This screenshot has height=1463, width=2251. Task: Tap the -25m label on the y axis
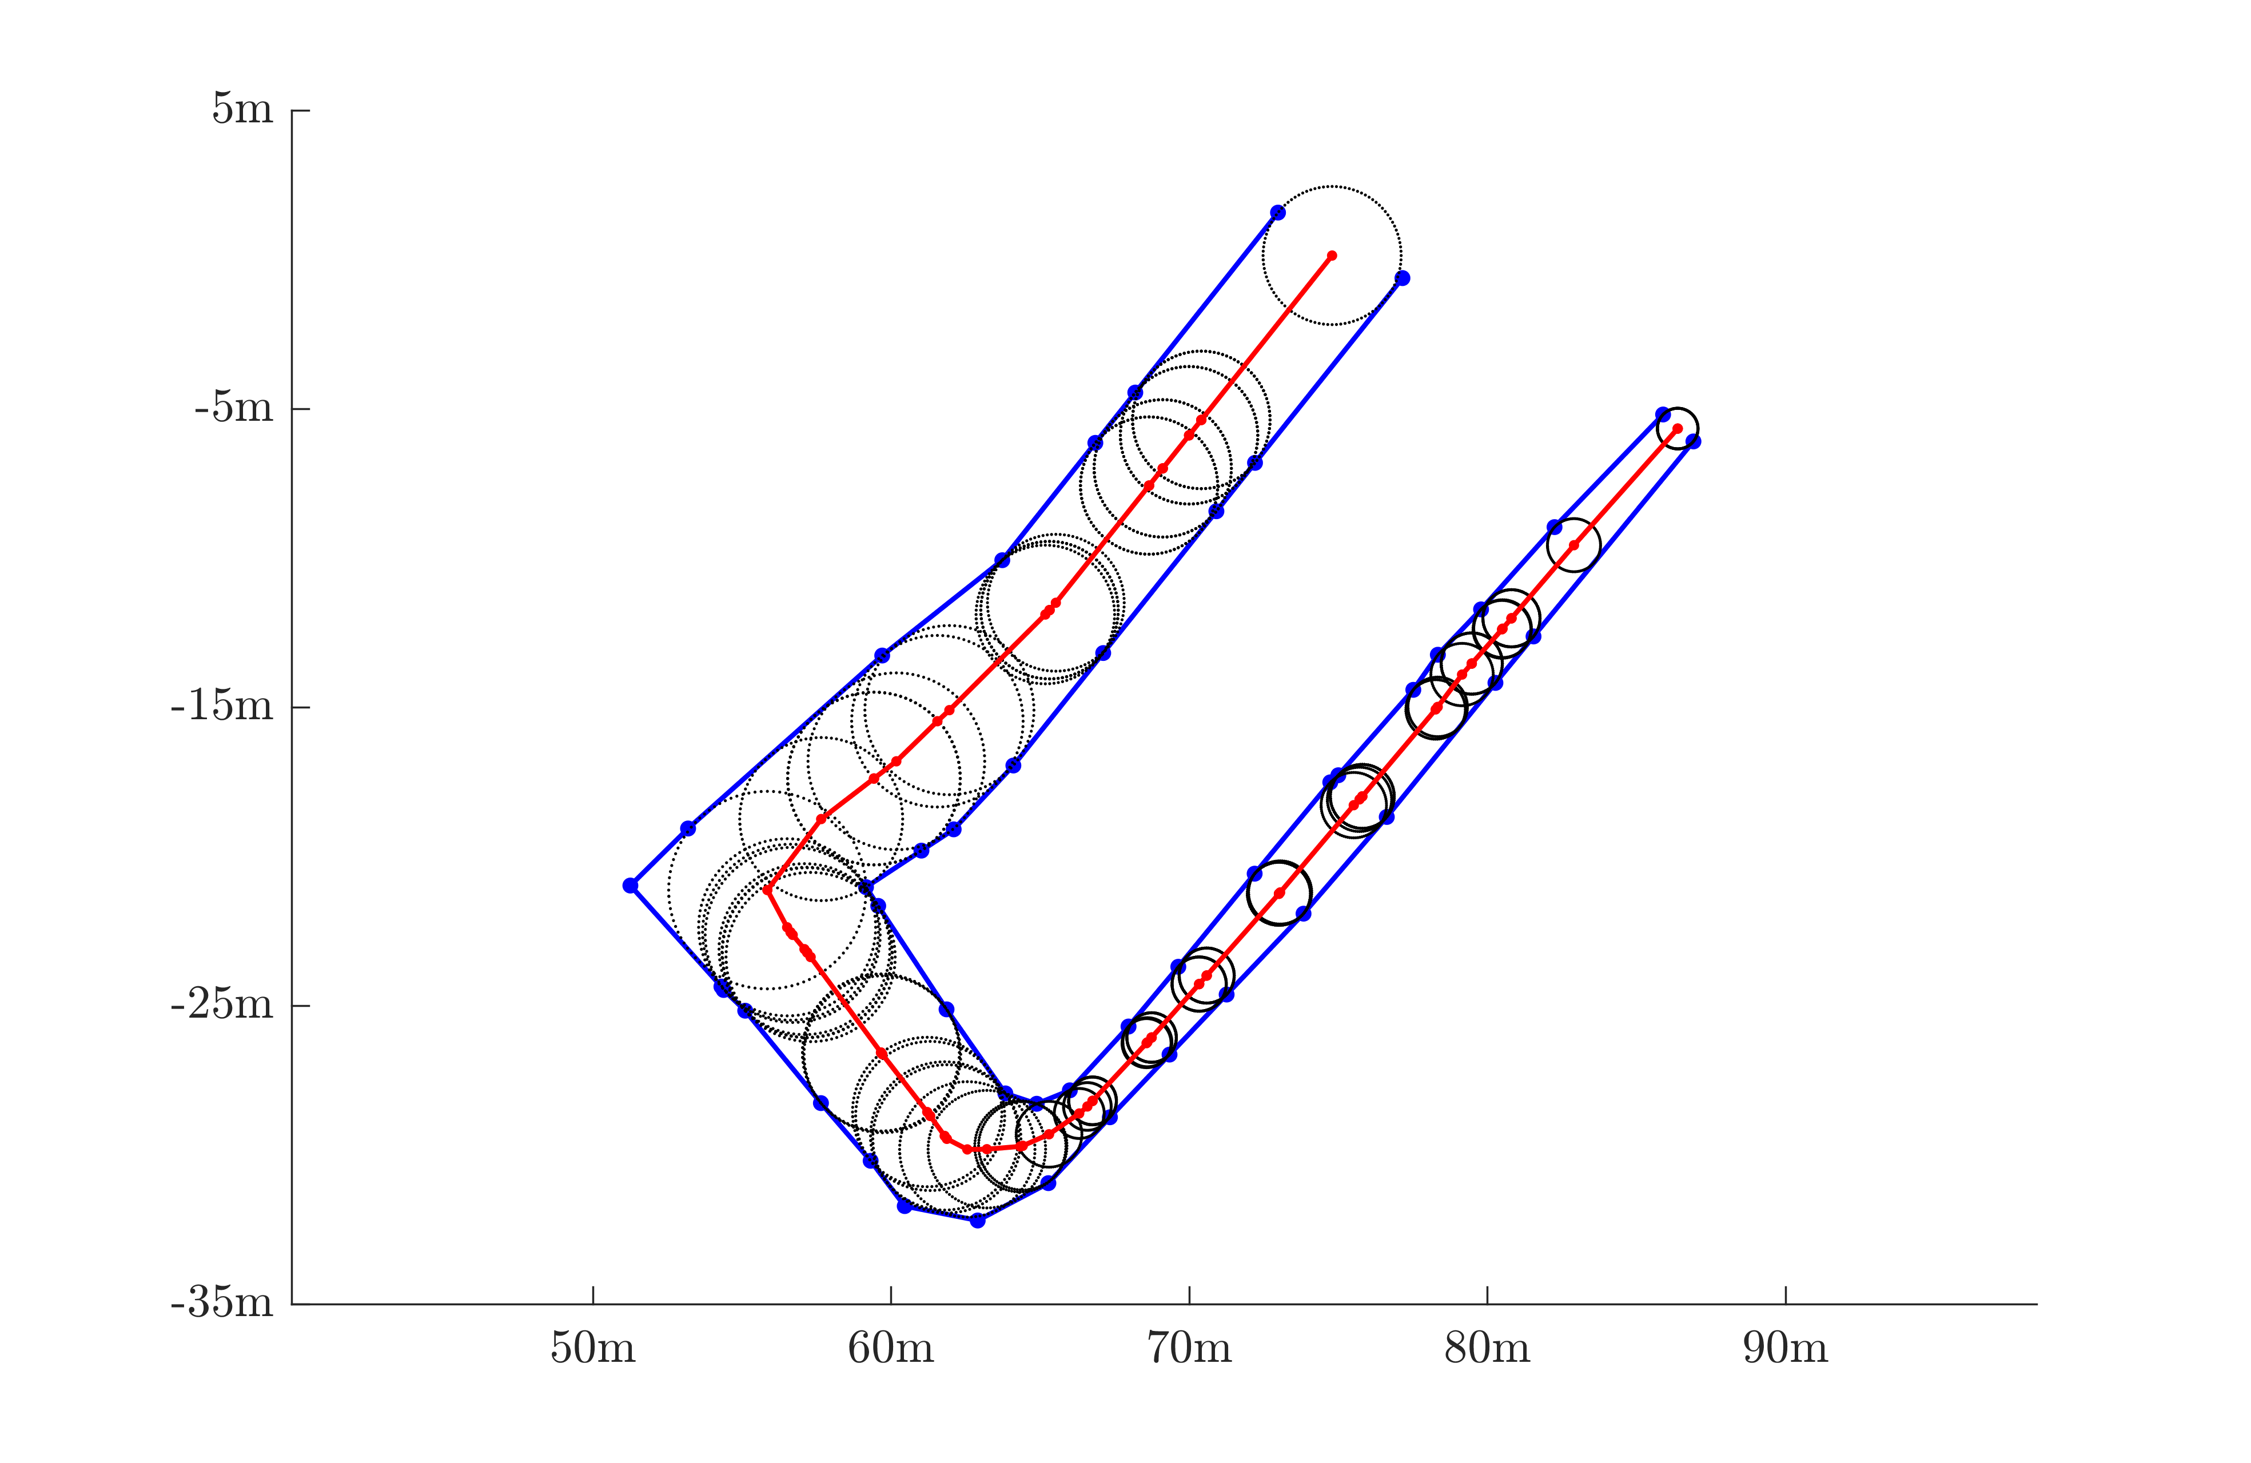click(222, 1004)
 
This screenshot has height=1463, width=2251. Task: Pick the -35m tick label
click(222, 1303)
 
